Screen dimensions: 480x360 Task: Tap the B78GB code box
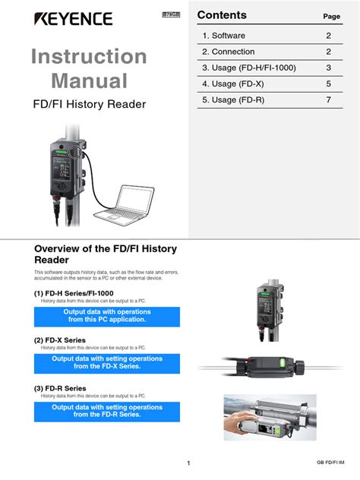coord(172,15)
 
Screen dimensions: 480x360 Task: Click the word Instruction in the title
coord(90,56)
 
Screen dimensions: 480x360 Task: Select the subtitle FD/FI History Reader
coord(90,104)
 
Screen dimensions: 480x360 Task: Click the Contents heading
coord(222,15)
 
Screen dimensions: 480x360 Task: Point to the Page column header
coord(331,17)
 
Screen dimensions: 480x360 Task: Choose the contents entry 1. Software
coord(223,36)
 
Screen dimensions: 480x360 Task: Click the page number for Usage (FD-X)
coord(329,84)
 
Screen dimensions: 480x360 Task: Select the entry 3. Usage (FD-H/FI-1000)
coord(249,68)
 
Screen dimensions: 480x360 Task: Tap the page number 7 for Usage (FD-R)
coord(329,99)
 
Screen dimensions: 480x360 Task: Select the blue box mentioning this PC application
coord(107,316)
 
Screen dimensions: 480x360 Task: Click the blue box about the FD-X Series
coord(107,362)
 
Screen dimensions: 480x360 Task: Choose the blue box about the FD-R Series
coord(107,411)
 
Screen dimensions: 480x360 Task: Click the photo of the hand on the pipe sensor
coord(270,418)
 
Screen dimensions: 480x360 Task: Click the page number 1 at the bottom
coord(188,463)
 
